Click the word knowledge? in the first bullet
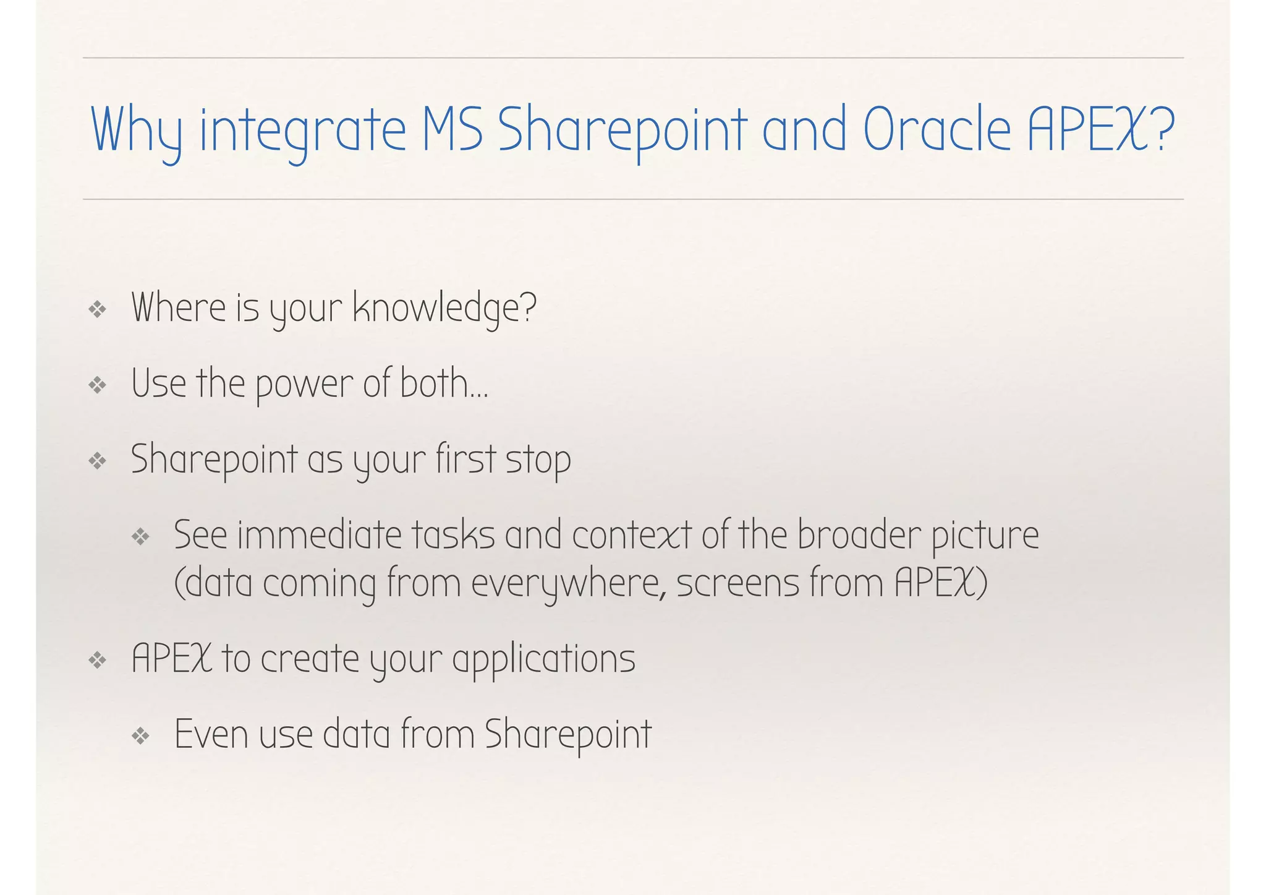(444, 308)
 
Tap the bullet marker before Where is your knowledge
(98, 309)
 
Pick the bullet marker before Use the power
(98, 385)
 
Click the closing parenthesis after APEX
(982, 584)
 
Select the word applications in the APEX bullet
(543, 659)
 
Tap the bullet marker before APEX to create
(98, 661)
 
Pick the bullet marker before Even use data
(141, 735)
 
